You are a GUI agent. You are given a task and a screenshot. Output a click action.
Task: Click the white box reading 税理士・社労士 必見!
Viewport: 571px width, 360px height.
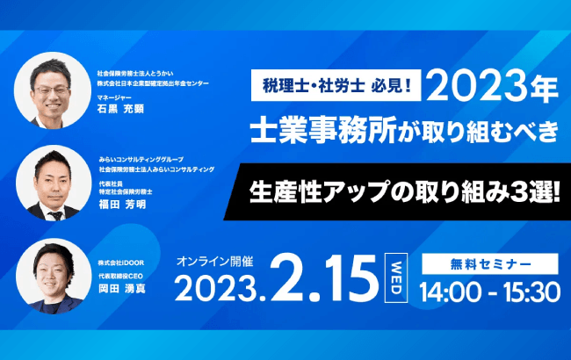pos(335,86)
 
